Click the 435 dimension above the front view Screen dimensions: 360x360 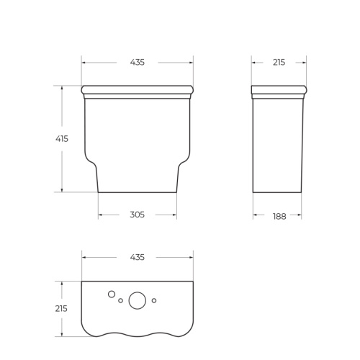137,63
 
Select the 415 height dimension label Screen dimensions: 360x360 61,139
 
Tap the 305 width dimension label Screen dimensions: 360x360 137,215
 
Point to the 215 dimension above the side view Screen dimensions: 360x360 278,63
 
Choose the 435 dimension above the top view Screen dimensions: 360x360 137,257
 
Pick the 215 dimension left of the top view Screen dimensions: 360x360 61,308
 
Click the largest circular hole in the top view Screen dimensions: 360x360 137,301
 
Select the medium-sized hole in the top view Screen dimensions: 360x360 111,294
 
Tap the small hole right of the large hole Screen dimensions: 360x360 154,300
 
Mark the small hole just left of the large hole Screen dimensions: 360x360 120,301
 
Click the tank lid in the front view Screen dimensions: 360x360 137,91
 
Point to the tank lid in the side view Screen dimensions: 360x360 278,91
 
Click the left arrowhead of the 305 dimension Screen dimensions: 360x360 100,215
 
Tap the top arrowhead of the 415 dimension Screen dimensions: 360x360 61,88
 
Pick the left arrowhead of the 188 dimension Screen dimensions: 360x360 255,215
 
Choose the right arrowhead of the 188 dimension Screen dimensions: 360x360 300,215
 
